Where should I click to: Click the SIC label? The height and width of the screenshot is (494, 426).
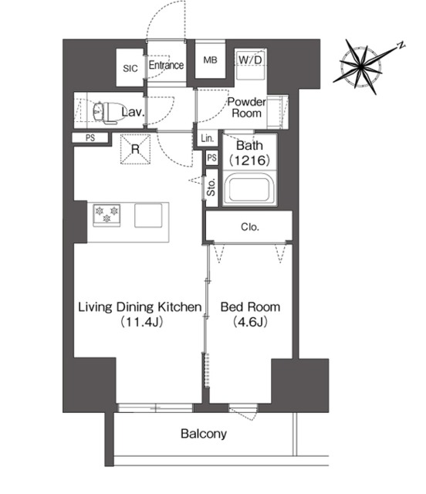click(x=130, y=69)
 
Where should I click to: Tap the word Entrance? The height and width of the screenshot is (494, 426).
click(x=166, y=65)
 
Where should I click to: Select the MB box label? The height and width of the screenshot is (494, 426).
click(x=210, y=60)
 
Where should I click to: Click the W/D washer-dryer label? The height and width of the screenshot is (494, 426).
click(x=250, y=59)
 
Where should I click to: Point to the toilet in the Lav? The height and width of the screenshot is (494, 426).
click(x=106, y=111)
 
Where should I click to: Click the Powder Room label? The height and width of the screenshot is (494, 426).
click(x=247, y=107)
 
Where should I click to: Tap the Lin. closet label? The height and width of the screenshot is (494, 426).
click(x=208, y=138)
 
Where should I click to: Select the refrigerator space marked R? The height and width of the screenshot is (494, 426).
click(x=136, y=149)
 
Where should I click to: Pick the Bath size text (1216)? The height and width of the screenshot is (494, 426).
click(x=249, y=161)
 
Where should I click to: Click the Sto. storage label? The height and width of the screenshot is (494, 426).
click(x=211, y=188)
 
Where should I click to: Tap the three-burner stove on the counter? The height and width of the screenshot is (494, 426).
click(x=106, y=215)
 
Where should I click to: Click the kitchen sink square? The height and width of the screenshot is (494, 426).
click(x=148, y=215)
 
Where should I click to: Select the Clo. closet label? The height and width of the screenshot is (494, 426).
click(x=250, y=227)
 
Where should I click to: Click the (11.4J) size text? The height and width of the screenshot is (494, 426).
click(x=142, y=322)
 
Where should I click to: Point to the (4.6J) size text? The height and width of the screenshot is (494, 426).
click(x=250, y=322)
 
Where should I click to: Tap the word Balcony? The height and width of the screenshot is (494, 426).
click(x=204, y=434)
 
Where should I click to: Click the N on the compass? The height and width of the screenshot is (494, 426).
click(x=401, y=45)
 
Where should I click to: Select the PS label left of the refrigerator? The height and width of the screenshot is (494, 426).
click(x=90, y=138)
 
